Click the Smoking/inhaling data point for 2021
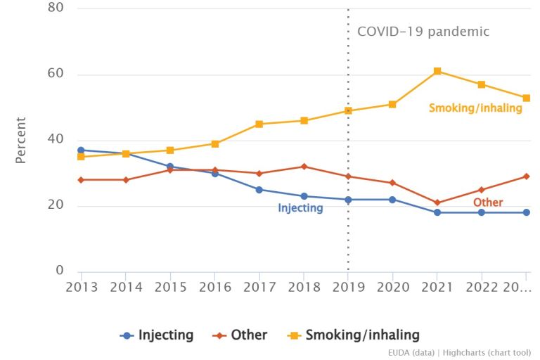click(437, 71)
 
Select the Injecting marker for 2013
click(82, 150)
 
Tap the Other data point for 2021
click(437, 202)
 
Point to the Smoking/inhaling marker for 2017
click(259, 124)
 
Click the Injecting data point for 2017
click(259, 190)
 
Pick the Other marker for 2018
click(304, 167)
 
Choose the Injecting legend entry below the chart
click(157, 335)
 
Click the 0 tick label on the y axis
click(60, 271)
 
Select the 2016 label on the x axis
click(214, 288)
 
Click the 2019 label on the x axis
click(348, 288)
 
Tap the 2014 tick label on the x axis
click(126, 288)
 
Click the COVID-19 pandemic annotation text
click(423, 32)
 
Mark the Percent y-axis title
click(21, 140)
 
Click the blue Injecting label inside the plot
click(300, 208)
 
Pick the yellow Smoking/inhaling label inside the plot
click(475, 108)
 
